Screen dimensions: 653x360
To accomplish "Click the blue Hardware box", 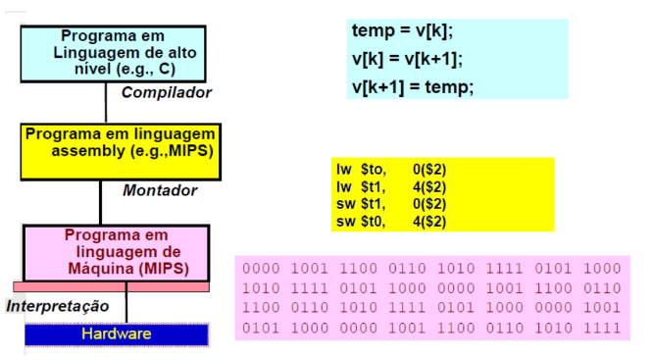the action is click(x=117, y=334).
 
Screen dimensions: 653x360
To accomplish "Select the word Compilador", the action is click(x=167, y=92).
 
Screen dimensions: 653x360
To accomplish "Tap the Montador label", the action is click(x=160, y=190).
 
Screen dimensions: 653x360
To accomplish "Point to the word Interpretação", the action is click(x=58, y=306).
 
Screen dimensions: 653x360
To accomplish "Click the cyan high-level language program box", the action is click(x=114, y=54).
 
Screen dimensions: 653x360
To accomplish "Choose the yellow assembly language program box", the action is click(x=121, y=152).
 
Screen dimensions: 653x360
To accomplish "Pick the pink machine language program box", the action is click(x=117, y=253).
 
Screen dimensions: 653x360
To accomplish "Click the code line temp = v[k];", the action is click(x=402, y=31).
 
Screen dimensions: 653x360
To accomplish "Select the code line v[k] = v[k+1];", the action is click(x=407, y=59).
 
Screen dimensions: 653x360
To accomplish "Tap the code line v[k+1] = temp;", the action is click(x=413, y=87).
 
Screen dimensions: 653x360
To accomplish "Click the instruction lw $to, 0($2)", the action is click(x=391, y=170).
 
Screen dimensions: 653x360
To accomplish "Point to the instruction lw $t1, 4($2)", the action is click(x=391, y=187).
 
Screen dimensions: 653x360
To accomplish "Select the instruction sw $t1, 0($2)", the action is click(x=391, y=204).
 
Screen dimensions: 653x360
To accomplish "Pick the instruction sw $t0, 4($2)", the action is click(x=391, y=222).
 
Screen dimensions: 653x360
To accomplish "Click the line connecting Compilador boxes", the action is click(x=106, y=102).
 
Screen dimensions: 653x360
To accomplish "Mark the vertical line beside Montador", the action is click(x=101, y=203).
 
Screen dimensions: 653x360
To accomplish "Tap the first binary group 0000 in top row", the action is click(x=261, y=269).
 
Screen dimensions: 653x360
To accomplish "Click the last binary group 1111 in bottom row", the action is click(x=602, y=328).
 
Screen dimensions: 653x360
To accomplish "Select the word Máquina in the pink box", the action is click(x=100, y=269).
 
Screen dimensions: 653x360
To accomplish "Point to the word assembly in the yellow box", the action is click(x=88, y=151).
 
